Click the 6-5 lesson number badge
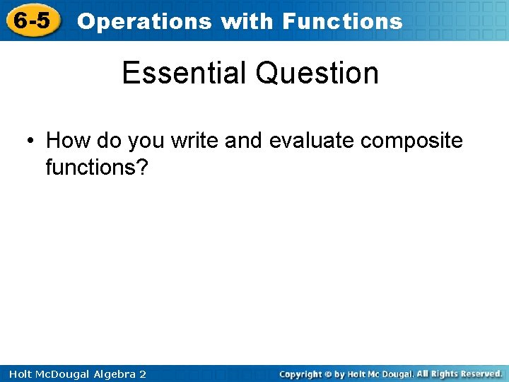click(33, 21)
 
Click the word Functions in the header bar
click(342, 21)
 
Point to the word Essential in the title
click(185, 73)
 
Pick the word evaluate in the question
click(312, 141)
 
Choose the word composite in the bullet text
click(411, 141)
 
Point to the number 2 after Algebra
click(143, 374)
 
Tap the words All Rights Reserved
click(460, 374)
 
